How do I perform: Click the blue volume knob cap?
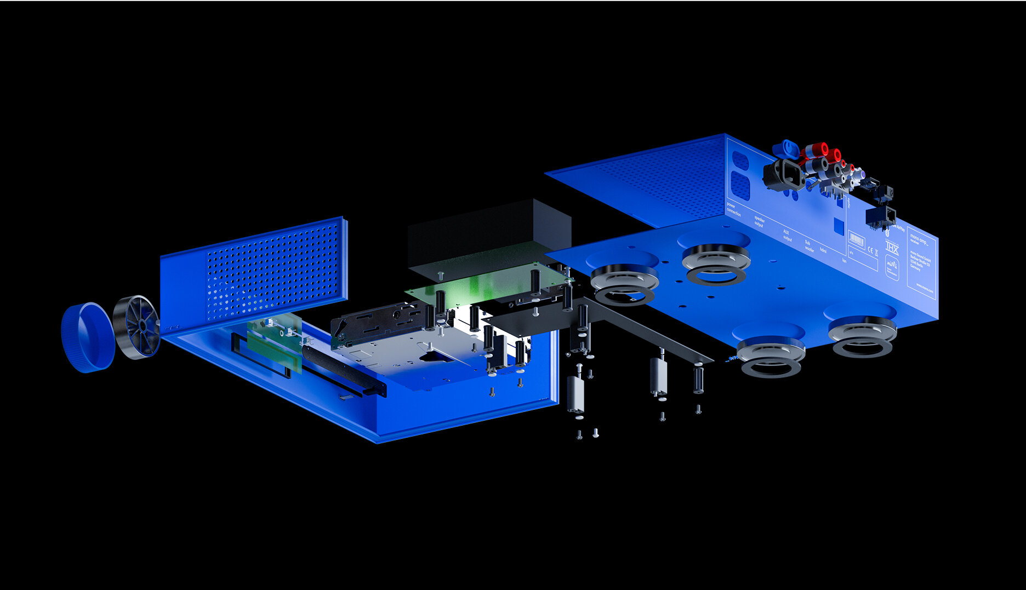point(88,337)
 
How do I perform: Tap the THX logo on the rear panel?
point(892,247)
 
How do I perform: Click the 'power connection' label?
point(733,209)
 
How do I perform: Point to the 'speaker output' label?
point(759,221)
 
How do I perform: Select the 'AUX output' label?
point(786,236)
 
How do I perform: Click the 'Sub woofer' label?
point(808,245)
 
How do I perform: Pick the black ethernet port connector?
point(880,215)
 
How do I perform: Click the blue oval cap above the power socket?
point(786,147)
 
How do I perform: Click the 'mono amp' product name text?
point(919,234)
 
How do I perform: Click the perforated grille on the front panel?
point(271,268)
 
